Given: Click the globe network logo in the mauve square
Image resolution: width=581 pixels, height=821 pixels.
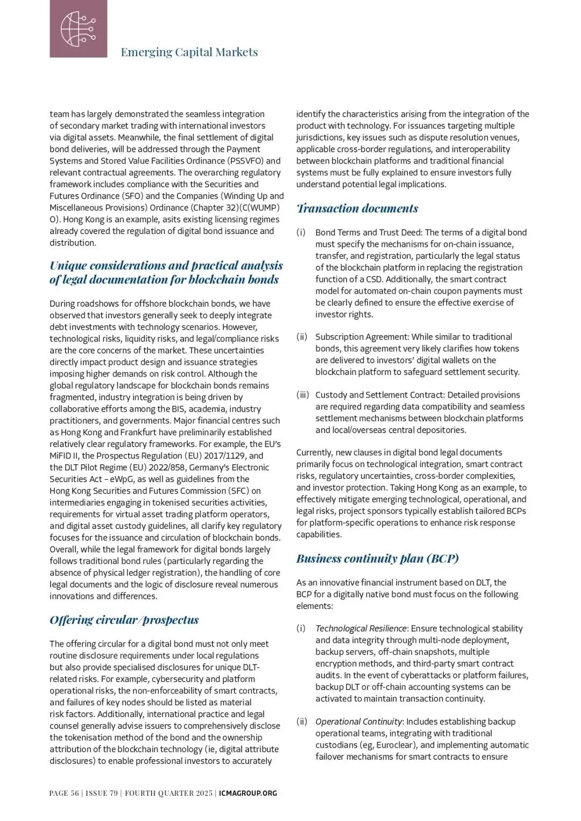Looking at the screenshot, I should coord(78,29).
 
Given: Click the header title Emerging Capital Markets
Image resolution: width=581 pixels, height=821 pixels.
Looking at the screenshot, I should coord(189,52).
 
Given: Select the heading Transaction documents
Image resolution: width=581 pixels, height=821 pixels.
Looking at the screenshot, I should coord(357,208).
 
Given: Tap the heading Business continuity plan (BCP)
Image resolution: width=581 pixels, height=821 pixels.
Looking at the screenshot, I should coord(377,558).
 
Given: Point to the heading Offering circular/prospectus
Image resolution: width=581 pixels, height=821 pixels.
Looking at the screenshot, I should coord(124,620).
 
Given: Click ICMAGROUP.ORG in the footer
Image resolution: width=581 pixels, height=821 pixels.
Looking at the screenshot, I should coord(248,793).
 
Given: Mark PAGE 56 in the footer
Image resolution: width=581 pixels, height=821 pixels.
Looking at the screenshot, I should coord(64,793).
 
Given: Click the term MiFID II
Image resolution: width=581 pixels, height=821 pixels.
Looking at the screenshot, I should coord(65,456).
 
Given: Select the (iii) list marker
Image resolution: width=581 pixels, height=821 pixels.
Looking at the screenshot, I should coord(302,395).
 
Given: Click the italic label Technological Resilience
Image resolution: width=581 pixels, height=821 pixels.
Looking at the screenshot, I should coord(361,628).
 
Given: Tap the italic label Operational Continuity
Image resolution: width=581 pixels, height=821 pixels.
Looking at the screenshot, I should coord(359,721).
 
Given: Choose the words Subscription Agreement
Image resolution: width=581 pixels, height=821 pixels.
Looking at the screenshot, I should coord(362,337).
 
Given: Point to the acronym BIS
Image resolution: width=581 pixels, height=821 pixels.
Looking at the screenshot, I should coord(178,409).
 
